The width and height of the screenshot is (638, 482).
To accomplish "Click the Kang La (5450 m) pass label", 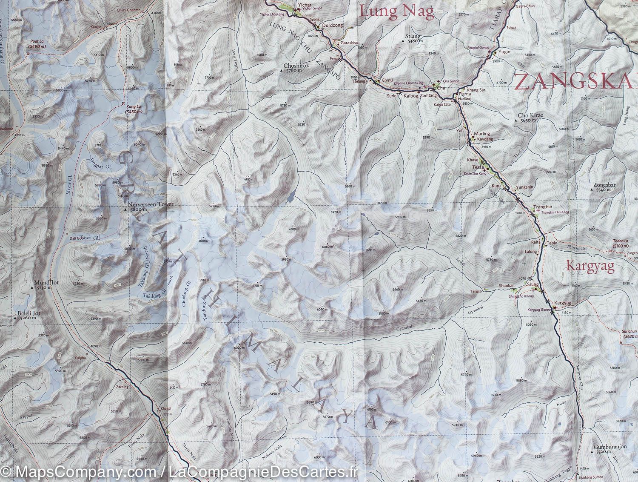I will [x=133, y=107].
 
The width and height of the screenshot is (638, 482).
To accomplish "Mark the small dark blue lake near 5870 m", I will [x=291, y=198].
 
